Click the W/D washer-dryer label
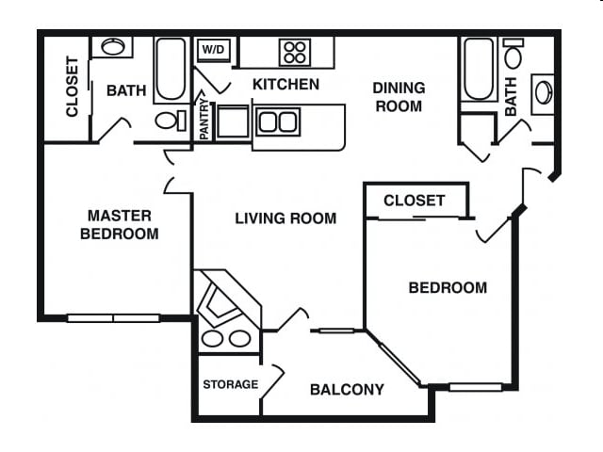point(213,49)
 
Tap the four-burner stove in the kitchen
point(295,53)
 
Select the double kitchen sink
point(278,121)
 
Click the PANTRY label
point(204,120)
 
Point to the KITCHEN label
point(285,84)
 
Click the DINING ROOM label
point(399,97)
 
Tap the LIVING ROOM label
point(285,218)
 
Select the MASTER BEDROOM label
point(120,224)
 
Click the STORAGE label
point(230,384)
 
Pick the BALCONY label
point(347,390)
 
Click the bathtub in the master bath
point(171,69)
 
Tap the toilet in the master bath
point(171,121)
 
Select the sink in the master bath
point(113,47)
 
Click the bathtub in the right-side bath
point(479,69)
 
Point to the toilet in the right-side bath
point(513,53)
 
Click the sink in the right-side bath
point(544,93)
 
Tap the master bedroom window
point(113,318)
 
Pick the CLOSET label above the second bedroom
point(415,201)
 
